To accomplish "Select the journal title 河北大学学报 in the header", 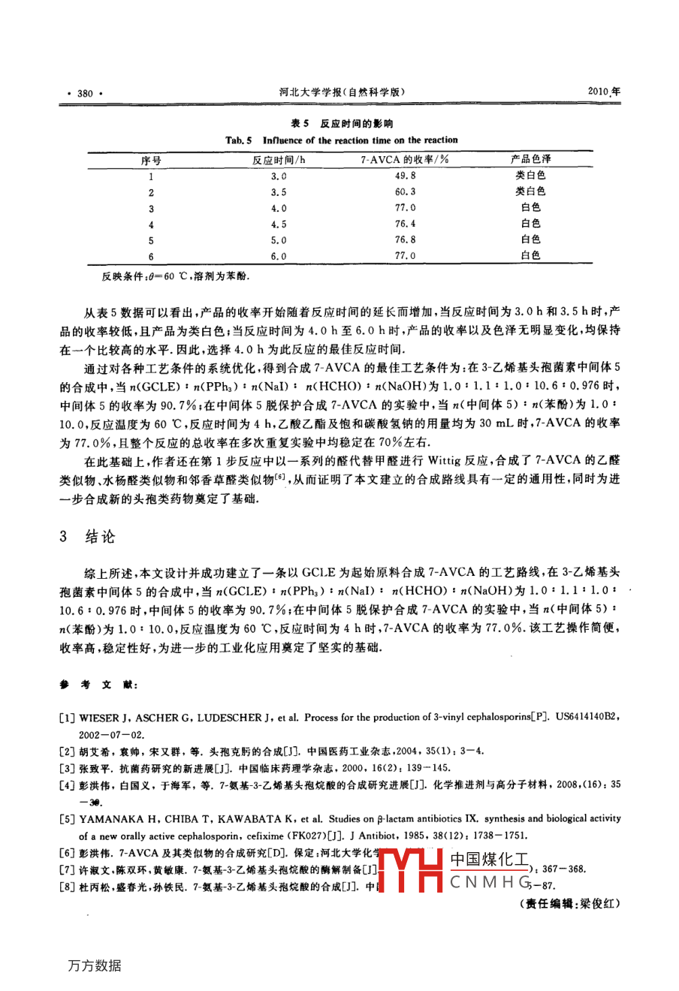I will (x=312, y=92).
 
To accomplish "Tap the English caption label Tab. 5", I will (x=239, y=140).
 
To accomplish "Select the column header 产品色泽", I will (x=530, y=159).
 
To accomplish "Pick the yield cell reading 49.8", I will (x=404, y=176).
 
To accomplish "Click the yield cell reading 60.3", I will (x=404, y=192).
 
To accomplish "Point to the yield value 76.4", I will (x=404, y=224).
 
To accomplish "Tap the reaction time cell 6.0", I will (x=279, y=256).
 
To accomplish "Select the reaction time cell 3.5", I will (x=279, y=192).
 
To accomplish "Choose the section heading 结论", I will (x=100, y=537).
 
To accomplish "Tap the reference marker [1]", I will (x=67, y=718).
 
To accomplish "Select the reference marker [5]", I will (x=67, y=819).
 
